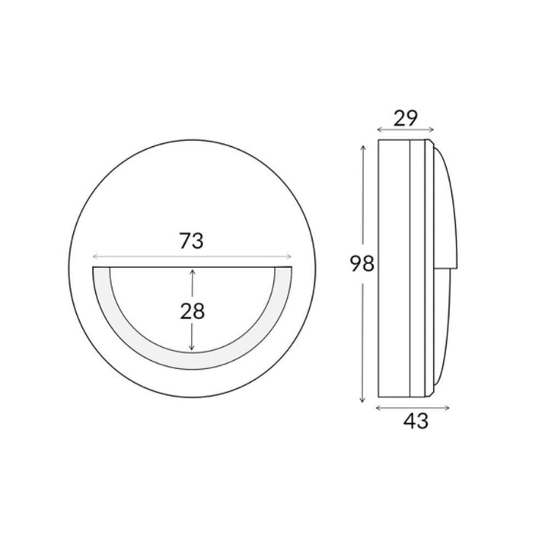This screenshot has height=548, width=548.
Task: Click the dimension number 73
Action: pos(192,241)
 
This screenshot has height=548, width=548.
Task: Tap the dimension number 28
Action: pos(193,311)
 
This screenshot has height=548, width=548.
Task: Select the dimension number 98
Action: pos(362,263)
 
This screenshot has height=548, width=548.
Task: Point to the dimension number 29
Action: pos(406,118)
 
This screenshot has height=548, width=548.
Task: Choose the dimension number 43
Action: pos(416,421)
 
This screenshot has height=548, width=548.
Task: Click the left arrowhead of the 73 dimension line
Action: pos(94,257)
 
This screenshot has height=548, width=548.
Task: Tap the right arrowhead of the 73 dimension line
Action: pos(289,257)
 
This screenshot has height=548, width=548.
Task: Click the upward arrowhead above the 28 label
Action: pos(192,272)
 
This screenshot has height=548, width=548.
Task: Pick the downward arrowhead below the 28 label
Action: pos(192,347)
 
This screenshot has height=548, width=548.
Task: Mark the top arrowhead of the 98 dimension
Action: pos(363,148)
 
